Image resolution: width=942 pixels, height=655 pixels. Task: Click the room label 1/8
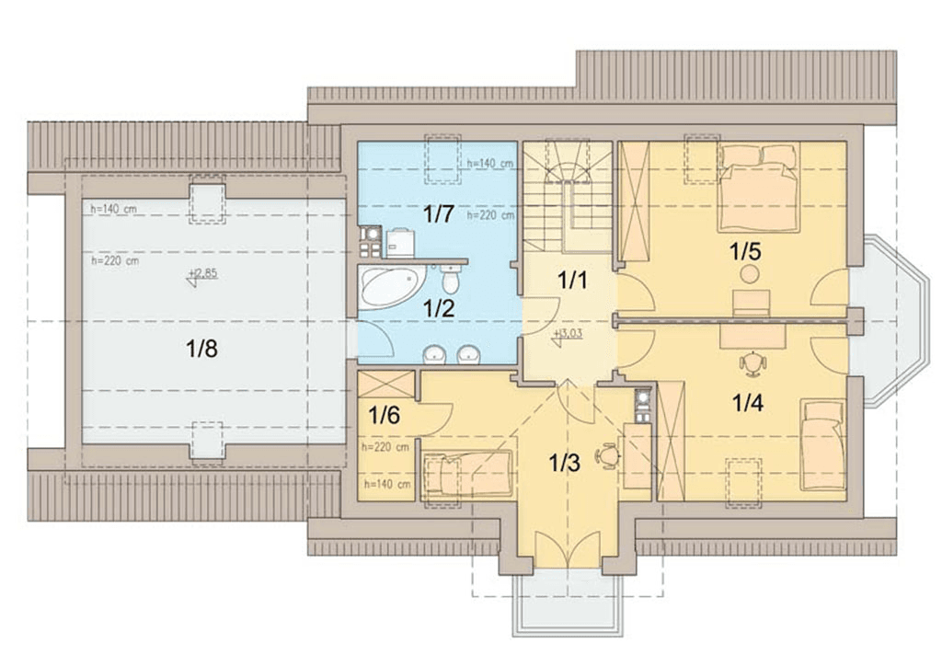point(201,349)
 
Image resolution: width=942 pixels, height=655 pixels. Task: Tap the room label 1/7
point(439,214)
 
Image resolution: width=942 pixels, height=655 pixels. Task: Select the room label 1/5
point(745,251)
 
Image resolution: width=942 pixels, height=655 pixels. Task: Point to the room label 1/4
point(747,403)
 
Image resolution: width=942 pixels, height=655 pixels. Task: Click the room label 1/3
point(565,463)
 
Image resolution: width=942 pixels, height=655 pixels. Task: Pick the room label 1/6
point(384,415)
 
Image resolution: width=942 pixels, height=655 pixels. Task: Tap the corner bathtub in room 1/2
point(391,287)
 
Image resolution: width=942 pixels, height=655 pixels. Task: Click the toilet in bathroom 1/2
point(450,279)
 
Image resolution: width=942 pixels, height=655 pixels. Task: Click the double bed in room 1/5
point(759,187)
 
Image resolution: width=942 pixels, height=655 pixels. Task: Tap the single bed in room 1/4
point(822,444)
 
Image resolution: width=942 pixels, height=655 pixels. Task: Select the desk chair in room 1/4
point(752,362)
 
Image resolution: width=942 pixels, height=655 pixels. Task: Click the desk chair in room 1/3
point(608,455)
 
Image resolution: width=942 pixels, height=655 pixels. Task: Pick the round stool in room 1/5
point(749,275)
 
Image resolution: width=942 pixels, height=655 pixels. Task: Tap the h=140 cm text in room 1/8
point(113,209)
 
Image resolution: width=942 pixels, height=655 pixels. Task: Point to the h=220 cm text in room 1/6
point(385,447)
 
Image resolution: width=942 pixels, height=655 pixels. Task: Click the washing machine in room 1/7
point(400,243)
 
